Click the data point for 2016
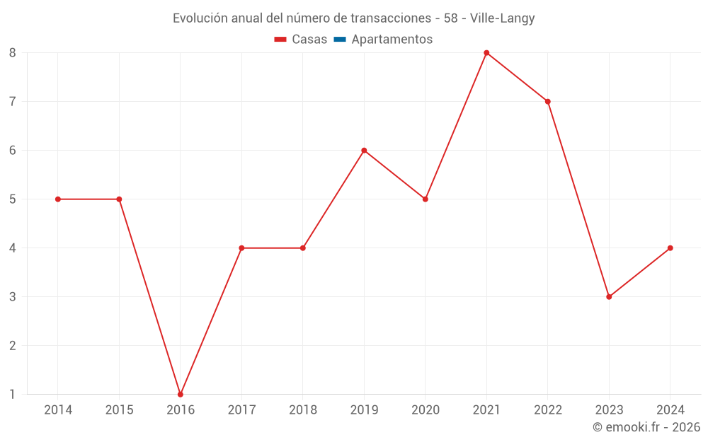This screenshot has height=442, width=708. (181, 395)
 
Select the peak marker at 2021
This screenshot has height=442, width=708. (486, 53)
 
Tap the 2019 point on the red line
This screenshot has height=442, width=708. (364, 151)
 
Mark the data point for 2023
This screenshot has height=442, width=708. (609, 297)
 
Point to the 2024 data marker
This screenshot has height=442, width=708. (670, 248)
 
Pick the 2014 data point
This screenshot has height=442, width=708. (58, 199)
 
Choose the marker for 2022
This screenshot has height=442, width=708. (548, 102)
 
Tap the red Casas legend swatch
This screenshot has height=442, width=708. (280, 40)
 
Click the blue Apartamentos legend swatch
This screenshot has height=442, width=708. (339, 40)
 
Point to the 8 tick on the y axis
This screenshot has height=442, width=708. (13, 53)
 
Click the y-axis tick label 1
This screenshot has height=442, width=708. (13, 395)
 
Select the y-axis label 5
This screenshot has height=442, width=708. (13, 199)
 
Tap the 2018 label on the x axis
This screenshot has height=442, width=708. (303, 410)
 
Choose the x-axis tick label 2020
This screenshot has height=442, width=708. (426, 410)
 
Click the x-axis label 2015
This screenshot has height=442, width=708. (119, 410)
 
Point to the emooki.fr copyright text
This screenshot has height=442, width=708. (646, 427)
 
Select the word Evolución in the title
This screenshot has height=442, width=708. (200, 18)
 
